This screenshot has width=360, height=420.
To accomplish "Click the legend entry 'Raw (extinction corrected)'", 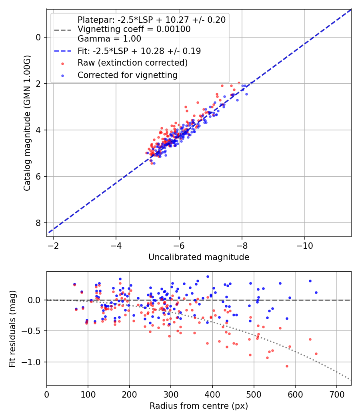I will coord(132,63).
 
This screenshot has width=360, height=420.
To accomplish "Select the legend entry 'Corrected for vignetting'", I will coord(127,75).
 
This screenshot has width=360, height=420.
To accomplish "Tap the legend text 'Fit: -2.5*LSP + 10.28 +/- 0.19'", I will coord(139,51).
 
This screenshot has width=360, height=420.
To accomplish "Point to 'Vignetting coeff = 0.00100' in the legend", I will coord(134,29).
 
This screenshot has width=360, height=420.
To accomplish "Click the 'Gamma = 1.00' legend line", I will coord(109,39).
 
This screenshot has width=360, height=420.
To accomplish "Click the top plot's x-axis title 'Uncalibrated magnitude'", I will coord(199,257).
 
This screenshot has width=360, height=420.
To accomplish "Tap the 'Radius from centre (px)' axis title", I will coord(199,406).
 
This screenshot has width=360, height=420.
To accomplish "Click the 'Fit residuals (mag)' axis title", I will coord(12,328).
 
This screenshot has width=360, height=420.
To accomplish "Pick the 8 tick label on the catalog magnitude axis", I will coord(39,223).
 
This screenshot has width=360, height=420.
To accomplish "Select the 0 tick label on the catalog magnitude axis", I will coord(39,37).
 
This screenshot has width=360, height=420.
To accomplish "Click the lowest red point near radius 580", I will coord(287,366).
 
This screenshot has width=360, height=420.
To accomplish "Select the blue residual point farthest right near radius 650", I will coord(316,292).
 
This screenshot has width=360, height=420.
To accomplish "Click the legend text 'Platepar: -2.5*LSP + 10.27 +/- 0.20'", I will coord(152,20).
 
